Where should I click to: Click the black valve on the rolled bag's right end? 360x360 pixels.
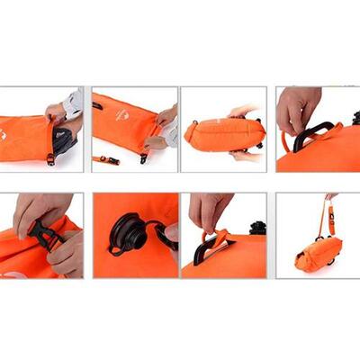(x=258, y=132)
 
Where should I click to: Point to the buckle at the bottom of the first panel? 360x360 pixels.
(x=50, y=158)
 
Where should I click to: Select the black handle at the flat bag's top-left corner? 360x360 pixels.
(x=96, y=104)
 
